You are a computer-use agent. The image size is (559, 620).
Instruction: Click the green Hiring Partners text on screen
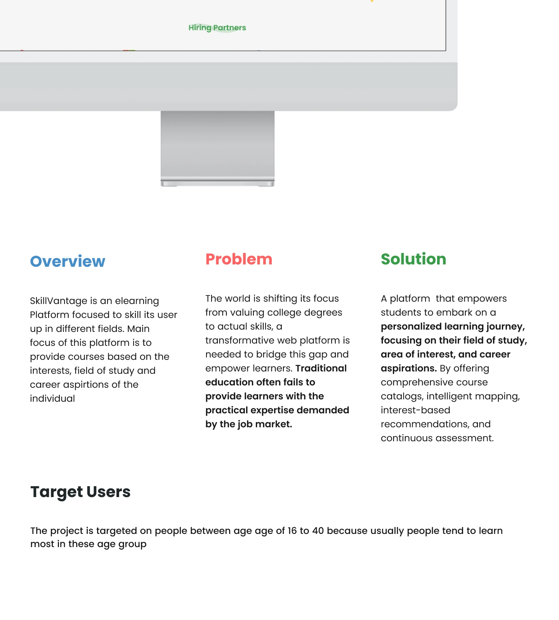point(217,28)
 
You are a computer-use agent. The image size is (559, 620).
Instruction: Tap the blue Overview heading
point(68,261)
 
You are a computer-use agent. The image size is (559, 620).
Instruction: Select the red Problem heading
point(239,259)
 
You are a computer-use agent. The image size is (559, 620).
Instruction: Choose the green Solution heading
point(413,259)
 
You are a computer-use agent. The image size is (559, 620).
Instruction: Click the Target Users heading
point(80,492)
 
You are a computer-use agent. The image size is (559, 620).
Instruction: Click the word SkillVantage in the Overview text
point(59,301)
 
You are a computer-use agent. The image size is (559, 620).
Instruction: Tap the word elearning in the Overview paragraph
point(137,301)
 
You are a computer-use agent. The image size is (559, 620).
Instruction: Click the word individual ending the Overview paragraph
point(52,398)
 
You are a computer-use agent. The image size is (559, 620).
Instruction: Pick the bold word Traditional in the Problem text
point(321,368)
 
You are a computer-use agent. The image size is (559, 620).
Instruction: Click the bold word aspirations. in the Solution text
point(409,368)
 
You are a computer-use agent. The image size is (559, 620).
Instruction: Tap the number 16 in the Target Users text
point(292,530)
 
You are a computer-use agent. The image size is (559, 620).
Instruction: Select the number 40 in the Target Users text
point(318,530)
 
